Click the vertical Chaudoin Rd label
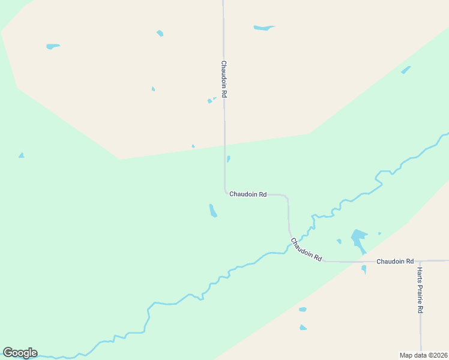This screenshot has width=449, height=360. coord(223,79)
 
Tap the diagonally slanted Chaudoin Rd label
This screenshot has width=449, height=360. coord(306,250)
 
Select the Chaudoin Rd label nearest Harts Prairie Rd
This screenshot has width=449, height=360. coord(395,262)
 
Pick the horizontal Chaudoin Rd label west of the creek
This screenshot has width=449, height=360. coord(247,194)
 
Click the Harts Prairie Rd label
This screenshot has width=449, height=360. coord(420,291)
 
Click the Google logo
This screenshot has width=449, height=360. coord(20,353)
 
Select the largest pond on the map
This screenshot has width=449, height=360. coord(358,238)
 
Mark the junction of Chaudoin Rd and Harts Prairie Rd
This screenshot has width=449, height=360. coord(420,261)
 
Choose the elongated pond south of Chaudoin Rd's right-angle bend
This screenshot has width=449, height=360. coord(212,211)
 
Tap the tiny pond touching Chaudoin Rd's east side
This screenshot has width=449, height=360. coord(228,159)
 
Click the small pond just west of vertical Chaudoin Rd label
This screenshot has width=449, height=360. coord(211,100)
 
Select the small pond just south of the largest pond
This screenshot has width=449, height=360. coord(364,269)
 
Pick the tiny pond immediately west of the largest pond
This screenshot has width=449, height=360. coord(339,241)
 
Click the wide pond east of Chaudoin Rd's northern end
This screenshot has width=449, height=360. coord(263,28)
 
